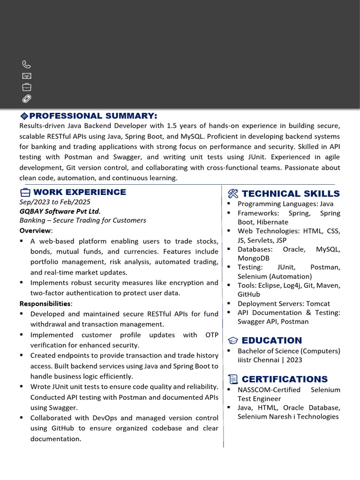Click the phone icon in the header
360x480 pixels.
[27, 65]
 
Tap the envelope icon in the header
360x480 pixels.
[27, 76]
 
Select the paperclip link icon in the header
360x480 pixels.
[27, 98]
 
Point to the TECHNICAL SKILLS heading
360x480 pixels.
[291, 194]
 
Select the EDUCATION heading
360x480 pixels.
[272, 340]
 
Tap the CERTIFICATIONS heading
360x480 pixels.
[285, 379]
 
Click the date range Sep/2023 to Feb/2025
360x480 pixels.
[54, 202]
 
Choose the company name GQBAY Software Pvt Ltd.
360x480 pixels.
[60, 211]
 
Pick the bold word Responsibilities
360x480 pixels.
[45, 303]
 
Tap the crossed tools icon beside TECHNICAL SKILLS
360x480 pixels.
[233, 194]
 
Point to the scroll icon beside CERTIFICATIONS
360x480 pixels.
[233, 379]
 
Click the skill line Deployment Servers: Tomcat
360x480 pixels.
[284, 304]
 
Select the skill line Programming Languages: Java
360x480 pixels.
[285, 204]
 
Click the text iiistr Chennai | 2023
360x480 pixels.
[270, 360]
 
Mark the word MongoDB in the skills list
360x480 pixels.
[253, 258]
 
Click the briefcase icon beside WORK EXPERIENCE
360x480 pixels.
[25, 192]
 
